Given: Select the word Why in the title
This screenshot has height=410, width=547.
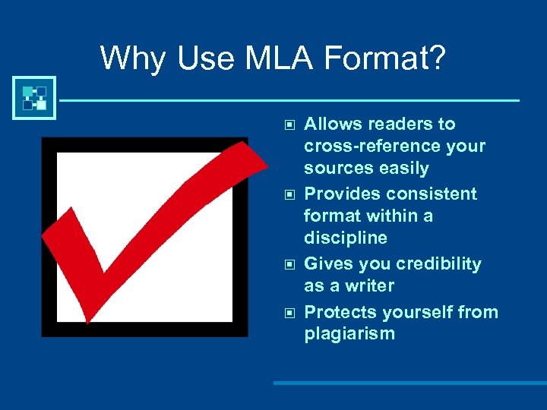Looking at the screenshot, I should tap(131, 58).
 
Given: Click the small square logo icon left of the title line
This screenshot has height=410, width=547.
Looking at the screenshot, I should tap(34, 98).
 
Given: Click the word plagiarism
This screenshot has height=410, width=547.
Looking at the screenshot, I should tap(349, 335).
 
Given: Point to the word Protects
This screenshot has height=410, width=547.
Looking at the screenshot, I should tap(340, 313).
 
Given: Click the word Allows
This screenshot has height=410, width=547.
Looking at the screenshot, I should tap(331, 125).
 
